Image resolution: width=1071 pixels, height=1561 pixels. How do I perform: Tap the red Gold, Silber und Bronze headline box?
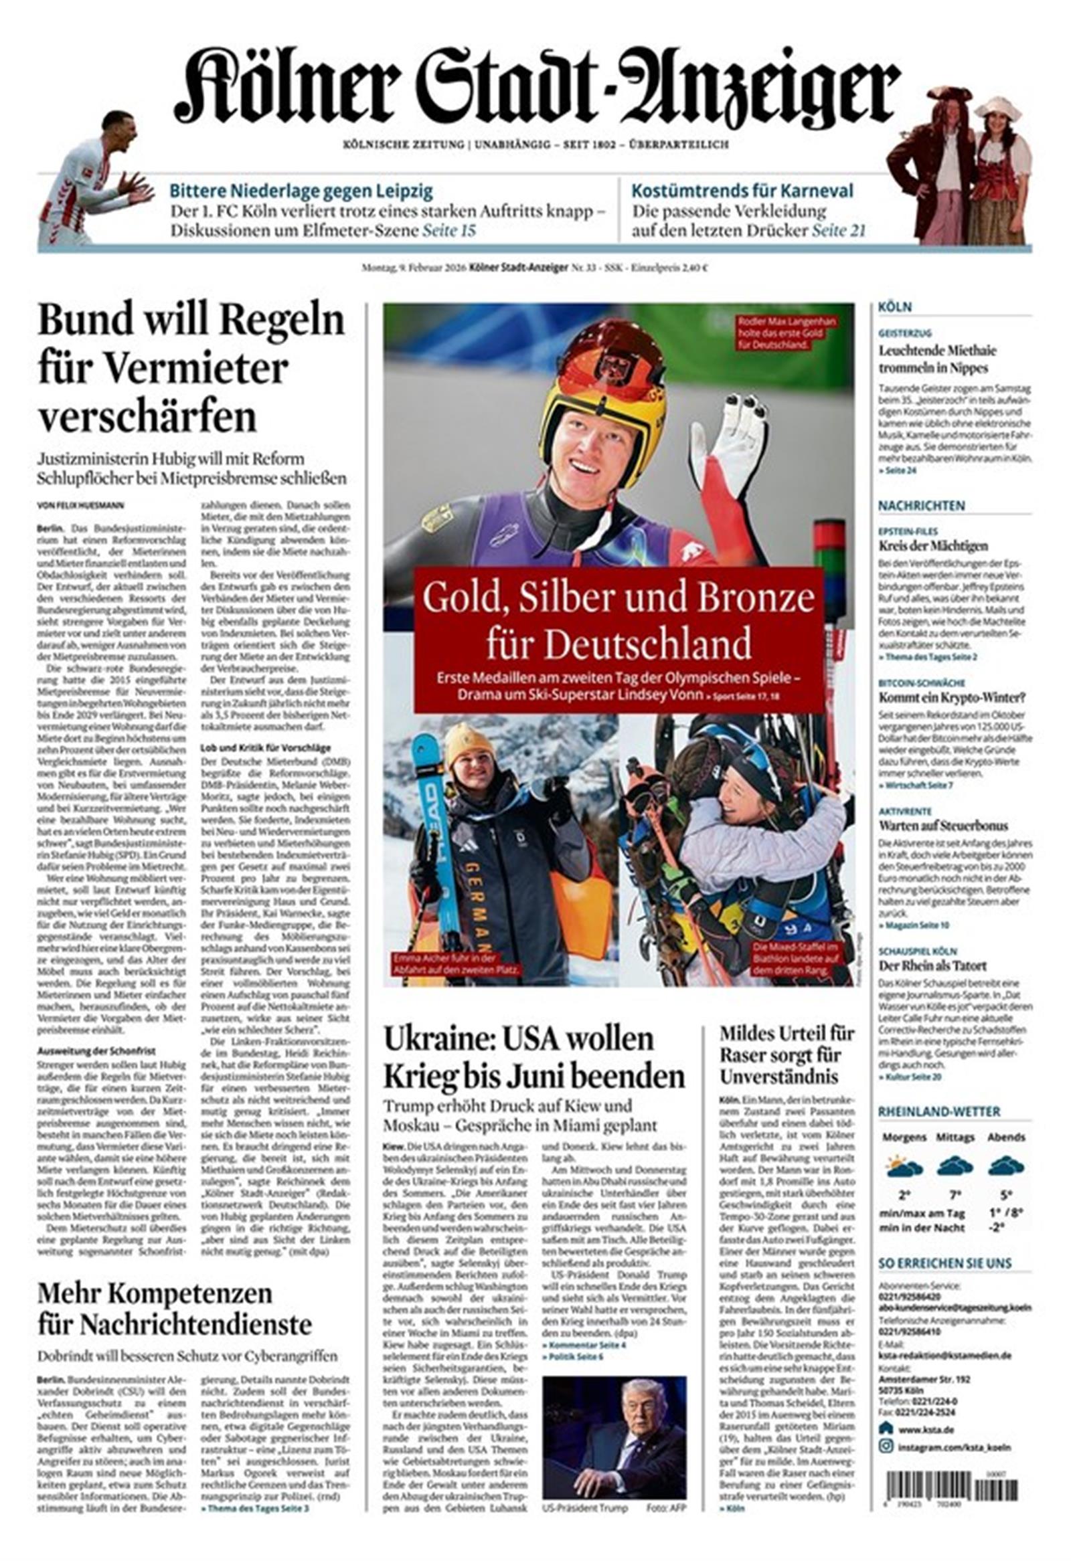(x=618, y=639)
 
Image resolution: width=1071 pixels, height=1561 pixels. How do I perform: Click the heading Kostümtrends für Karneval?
(x=742, y=191)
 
